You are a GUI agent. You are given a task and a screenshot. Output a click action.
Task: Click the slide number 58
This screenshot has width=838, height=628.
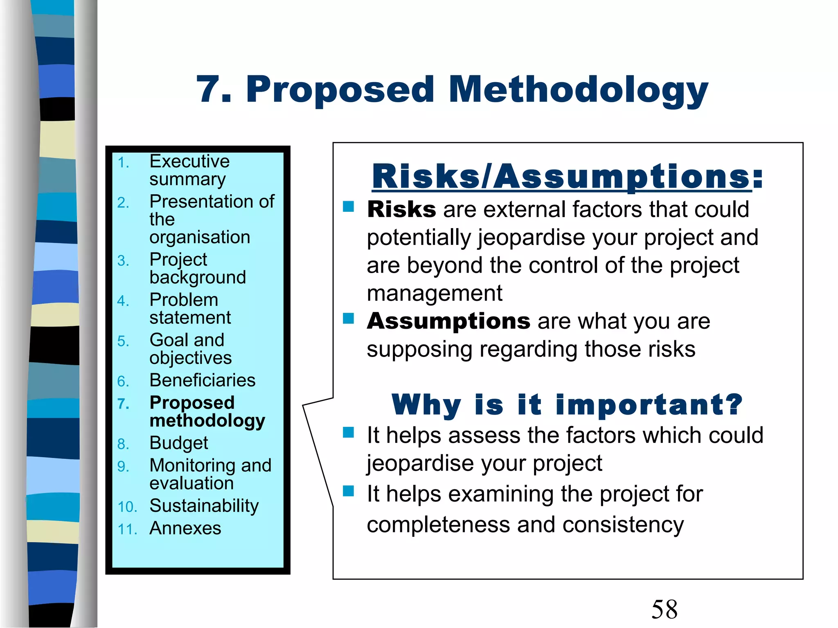click(x=664, y=609)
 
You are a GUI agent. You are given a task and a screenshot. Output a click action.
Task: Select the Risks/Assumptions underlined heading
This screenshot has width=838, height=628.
click(x=567, y=177)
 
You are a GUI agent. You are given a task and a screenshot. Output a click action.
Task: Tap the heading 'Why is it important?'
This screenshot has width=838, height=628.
click(x=567, y=405)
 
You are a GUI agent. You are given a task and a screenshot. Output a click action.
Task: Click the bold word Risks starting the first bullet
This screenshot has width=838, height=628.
click(x=401, y=210)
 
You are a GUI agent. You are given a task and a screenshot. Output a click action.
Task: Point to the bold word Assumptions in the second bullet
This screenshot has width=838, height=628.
click(x=448, y=321)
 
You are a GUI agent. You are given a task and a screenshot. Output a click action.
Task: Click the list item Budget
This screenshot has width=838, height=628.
click(x=179, y=443)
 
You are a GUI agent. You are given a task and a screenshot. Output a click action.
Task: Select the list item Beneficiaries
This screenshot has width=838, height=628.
click(x=203, y=381)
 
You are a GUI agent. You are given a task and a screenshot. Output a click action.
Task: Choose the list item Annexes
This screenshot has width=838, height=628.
click(x=185, y=528)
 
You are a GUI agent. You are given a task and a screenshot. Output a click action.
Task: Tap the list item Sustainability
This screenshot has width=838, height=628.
click(x=204, y=506)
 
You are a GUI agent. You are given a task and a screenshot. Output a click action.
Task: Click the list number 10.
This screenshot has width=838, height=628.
click(x=127, y=507)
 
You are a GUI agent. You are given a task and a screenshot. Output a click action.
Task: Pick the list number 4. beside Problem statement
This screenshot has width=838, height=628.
click(x=123, y=301)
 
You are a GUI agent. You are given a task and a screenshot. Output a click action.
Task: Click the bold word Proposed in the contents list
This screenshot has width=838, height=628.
click(x=192, y=403)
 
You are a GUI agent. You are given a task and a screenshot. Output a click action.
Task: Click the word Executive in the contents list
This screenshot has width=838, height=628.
click(x=189, y=161)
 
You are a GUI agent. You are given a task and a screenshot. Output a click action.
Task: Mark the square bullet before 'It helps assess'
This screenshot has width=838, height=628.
click(x=349, y=432)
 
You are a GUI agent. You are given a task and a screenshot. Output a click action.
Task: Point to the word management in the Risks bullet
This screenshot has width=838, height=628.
click(x=435, y=294)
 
